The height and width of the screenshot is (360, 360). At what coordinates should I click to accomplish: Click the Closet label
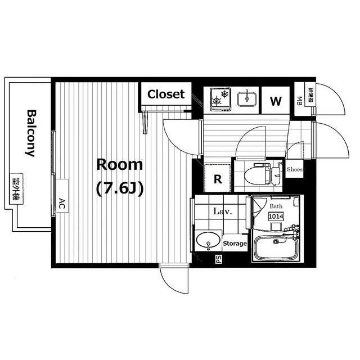click(x=166, y=94)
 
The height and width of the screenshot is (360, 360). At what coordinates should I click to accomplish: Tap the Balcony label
click(x=31, y=133)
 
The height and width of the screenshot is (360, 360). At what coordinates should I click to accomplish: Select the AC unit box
click(x=62, y=196)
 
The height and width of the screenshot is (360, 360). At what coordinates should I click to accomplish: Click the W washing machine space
click(x=276, y=100)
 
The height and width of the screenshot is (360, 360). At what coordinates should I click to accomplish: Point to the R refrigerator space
click(x=218, y=178)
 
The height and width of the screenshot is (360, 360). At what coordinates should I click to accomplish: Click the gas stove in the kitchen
click(x=220, y=100)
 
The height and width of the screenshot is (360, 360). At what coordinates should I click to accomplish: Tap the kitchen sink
click(x=247, y=99)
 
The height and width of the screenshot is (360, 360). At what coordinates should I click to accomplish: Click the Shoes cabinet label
click(x=295, y=169)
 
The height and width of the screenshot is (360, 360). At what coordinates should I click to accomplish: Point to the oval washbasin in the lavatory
click(x=208, y=240)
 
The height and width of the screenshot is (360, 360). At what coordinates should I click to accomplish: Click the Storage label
click(x=235, y=244)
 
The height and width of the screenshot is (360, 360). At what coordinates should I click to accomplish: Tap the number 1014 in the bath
click(x=276, y=216)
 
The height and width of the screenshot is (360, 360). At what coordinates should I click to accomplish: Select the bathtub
click(x=276, y=248)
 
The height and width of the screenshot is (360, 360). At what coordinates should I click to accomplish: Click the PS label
click(x=218, y=259)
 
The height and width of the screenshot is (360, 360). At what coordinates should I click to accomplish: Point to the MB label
click(x=299, y=101)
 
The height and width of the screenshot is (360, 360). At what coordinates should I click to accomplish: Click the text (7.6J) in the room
click(x=120, y=189)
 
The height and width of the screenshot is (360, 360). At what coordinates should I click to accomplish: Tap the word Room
click(x=120, y=165)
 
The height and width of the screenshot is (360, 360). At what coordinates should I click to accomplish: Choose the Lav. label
click(x=223, y=211)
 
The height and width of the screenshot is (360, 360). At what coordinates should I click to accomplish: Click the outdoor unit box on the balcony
click(x=16, y=189)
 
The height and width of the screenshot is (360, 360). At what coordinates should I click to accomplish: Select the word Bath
click(x=276, y=206)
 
